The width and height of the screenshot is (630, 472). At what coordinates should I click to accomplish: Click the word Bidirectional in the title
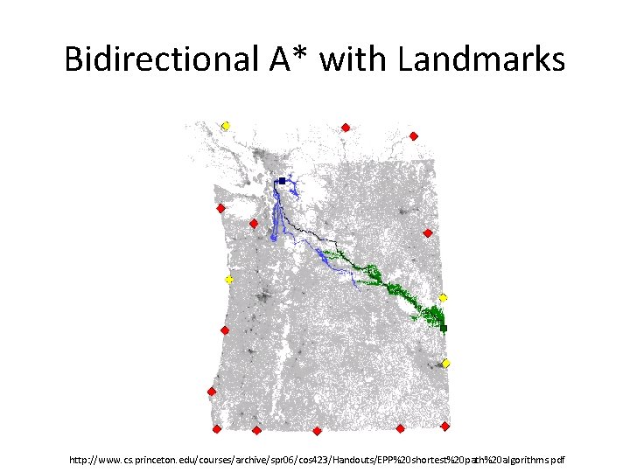(157, 59)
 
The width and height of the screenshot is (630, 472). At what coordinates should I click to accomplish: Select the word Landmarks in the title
(480, 59)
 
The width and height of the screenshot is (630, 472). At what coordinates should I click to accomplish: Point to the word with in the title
(356, 59)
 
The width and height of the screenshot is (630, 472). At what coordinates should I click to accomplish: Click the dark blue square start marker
(282, 181)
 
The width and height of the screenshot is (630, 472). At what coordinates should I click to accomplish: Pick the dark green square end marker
(444, 328)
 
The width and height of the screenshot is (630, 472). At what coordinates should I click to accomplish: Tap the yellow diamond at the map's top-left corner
(225, 126)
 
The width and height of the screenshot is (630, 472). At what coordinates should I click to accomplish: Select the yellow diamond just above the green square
(443, 298)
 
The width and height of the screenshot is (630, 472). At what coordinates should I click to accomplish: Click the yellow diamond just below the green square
(445, 363)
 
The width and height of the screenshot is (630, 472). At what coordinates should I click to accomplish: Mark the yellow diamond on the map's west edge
(228, 280)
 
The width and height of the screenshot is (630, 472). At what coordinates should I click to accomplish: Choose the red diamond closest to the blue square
(254, 224)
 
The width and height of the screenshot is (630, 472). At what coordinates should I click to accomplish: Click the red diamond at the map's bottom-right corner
(444, 427)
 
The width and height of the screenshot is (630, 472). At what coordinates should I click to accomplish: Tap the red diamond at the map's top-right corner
(413, 135)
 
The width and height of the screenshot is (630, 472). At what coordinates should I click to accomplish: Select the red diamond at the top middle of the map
(346, 128)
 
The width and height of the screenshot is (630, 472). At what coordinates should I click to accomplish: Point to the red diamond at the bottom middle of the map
(317, 431)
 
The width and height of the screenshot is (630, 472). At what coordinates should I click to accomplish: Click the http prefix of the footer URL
(81, 458)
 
